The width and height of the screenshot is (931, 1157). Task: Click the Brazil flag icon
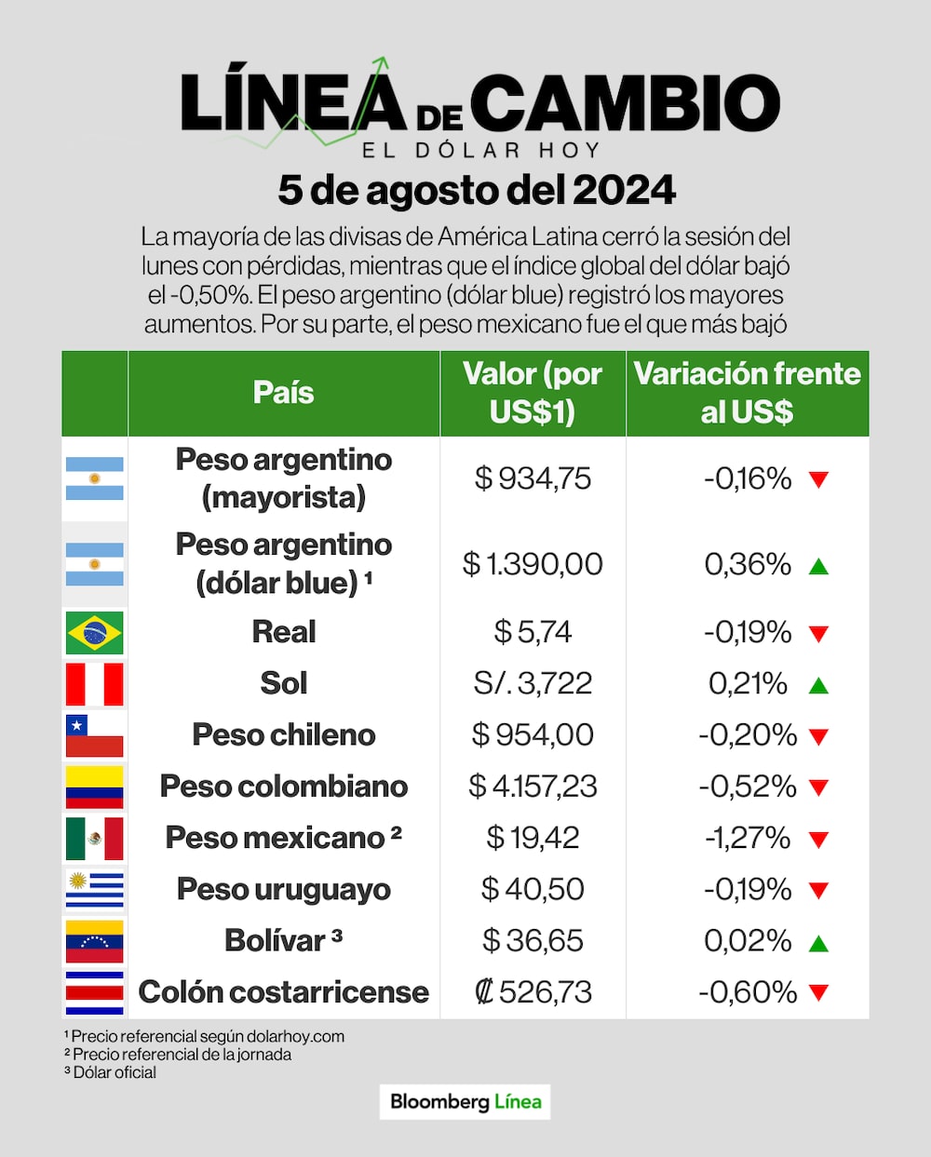[94, 633]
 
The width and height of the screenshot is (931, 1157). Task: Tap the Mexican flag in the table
[94, 839]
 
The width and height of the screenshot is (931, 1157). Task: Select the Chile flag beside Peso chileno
[94, 735]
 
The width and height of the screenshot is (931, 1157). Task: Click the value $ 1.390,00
[533, 564]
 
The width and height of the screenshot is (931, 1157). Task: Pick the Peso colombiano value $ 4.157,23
[533, 787]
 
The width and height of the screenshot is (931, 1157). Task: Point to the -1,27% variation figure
[747, 839]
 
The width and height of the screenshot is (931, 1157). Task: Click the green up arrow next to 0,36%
[818, 566]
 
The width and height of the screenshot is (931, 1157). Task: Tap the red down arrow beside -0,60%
[818, 993]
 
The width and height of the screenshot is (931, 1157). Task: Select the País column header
[283, 393]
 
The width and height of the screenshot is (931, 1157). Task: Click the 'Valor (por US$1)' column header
[533, 393]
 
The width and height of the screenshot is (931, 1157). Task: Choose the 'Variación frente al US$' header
[747, 393]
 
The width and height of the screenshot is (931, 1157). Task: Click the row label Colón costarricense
[283, 992]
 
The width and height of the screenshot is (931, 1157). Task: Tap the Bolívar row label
[283, 940]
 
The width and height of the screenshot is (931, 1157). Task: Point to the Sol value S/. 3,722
[533, 684]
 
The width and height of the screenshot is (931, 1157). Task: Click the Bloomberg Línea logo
[465, 1102]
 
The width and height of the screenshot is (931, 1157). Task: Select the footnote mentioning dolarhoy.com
[205, 1036]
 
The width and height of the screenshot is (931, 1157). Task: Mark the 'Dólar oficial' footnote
[111, 1072]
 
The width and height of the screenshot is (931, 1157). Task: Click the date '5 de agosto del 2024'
[477, 190]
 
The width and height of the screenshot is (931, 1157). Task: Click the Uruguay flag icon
[94, 890]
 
